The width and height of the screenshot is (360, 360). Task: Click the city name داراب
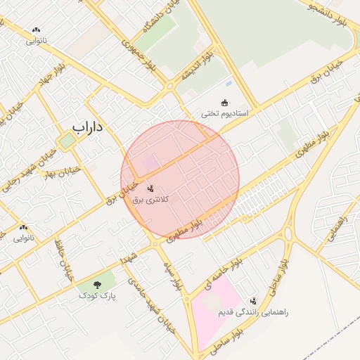click(x=88, y=127)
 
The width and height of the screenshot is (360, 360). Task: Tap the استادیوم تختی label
click(x=226, y=114)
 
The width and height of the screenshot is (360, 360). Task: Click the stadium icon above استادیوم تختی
click(x=225, y=103)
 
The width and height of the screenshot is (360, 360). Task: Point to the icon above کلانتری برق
click(x=150, y=188)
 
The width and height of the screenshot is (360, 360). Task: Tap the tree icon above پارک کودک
click(x=97, y=285)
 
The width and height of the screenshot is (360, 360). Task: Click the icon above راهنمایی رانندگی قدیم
click(x=254, y=300)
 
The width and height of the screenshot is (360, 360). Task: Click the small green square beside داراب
click(x=66, y=141)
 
